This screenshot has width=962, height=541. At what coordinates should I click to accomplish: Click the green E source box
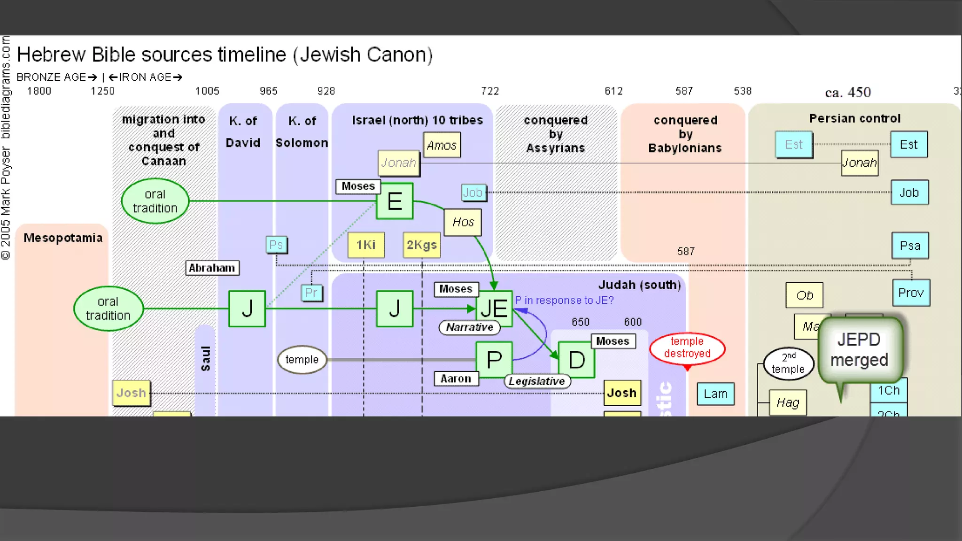point(395,201)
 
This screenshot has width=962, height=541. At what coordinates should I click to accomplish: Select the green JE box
point(494,309)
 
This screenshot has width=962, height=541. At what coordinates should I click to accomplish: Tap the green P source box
point(494,360)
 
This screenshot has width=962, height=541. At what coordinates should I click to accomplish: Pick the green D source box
point(576,360)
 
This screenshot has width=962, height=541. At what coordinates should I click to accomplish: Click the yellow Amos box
point(442,145)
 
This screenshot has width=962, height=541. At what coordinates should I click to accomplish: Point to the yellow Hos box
point(463,222)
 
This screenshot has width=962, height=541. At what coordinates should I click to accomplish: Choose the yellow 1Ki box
point(366,245)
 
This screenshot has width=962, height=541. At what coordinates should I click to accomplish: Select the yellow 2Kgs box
point(421,245)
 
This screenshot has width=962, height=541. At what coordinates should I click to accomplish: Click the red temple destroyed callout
point(687,348)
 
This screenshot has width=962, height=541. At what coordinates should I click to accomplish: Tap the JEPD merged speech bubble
point(860,350)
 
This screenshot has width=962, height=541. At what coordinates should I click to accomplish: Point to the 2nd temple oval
point(788,363)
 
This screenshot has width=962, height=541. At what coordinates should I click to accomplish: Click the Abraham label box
point(212,268)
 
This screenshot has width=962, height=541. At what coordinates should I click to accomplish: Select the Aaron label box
point(456,379)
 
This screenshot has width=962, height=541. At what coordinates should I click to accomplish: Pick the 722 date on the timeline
point(490,91)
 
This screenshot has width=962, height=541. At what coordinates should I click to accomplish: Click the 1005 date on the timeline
point(207,91)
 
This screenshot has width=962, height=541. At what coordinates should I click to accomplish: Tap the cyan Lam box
point(715,394)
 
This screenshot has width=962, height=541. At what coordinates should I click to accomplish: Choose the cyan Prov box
point(911,293)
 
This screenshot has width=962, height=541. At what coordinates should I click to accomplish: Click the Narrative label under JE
point(469,327)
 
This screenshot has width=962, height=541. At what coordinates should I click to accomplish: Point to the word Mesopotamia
point(63,238)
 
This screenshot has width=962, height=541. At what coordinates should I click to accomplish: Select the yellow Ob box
point(804,295)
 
